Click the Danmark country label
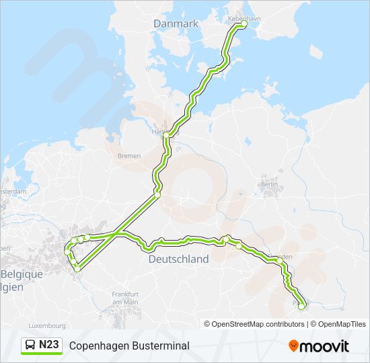(176, 24)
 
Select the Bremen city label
(128, 155)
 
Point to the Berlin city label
(269, 184)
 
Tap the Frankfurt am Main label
(125, 298)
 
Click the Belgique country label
(22, 274)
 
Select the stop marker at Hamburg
(165, 134)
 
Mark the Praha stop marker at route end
(301, 306)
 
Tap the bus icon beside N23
(30, 346)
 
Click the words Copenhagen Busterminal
(129, 346)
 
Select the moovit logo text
(325, 346)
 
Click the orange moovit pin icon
(293, 346)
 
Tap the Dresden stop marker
(279, 259)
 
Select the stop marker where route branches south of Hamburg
(157, 194)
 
